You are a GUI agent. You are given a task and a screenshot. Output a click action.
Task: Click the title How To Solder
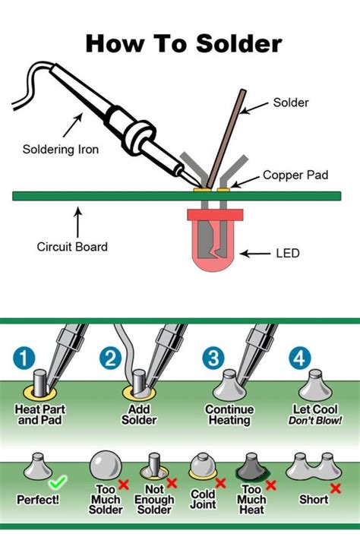click(x=183, y=43)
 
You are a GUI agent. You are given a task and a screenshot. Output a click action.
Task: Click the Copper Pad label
click(x=295, y=175)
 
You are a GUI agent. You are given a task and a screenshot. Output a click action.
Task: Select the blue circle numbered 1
click(x=26, y=357)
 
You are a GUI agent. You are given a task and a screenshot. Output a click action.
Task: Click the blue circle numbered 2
click(x=112, y=357)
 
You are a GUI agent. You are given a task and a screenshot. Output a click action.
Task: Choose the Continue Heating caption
click(x=229, y=414)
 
